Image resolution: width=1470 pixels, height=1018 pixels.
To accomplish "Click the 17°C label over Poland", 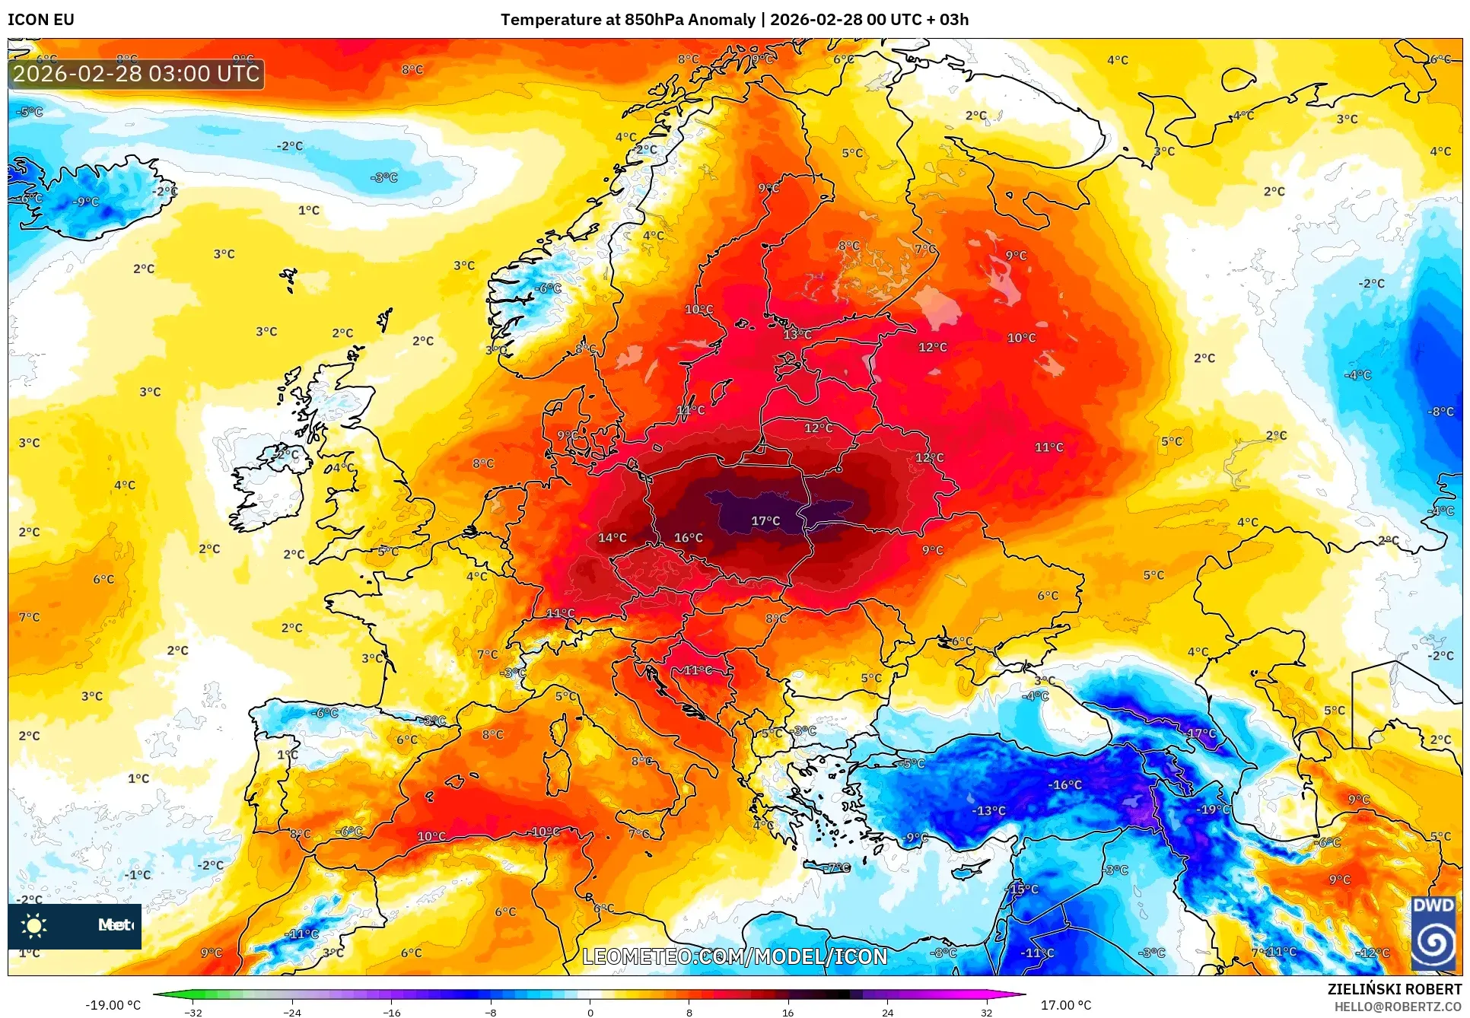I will (765, 521).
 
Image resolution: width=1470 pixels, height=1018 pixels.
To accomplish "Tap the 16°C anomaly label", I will (689, 538).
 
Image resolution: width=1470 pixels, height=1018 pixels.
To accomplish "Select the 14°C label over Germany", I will (612, 538).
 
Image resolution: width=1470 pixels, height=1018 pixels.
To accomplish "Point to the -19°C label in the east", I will (1213, 810).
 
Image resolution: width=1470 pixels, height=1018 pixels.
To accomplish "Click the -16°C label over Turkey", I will (1064, 784).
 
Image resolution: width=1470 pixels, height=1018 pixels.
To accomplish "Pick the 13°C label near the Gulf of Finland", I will (797, 334).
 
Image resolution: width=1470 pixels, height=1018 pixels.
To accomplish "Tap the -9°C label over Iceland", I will (86, 202).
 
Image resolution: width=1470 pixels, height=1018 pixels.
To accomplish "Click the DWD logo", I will (1433, 934).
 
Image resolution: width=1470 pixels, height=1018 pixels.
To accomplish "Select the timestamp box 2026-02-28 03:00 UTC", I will (136, 74).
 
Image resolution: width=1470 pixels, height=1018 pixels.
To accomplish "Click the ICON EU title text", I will (41, 20).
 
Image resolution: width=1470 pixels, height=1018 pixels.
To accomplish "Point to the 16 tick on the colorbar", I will (787, 1012).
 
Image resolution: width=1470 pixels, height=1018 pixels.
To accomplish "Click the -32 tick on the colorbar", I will (193, 1012).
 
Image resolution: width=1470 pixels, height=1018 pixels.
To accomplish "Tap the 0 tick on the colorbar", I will (590, 1012).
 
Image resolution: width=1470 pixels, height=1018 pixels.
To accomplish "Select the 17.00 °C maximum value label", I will (1066, 1005).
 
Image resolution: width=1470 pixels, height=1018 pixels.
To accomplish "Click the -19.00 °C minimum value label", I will (113, 1005).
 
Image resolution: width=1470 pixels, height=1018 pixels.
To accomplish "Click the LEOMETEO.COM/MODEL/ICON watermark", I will (734, 956).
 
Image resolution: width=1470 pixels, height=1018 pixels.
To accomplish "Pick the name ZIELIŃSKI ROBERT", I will (1394, 989).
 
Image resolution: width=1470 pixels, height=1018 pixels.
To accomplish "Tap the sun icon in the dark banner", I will (34, 925).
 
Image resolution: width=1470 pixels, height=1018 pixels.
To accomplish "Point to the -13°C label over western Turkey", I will (988, 811).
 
